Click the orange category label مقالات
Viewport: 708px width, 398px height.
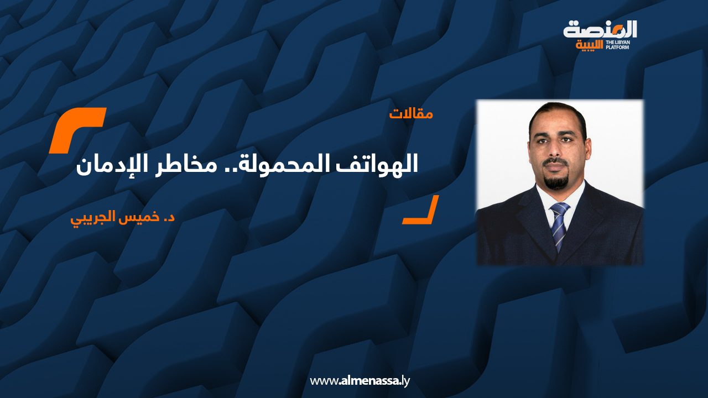point(411,114)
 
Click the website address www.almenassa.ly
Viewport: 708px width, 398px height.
point(360,381)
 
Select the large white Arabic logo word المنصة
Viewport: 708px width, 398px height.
point(600,30)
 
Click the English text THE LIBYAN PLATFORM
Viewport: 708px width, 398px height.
point(618,45)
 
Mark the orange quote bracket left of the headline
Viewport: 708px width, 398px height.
point(77,130)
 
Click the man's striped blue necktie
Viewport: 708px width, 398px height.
point(559,225)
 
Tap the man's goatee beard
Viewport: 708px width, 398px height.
point(556,179)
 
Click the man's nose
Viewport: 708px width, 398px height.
point(555,149)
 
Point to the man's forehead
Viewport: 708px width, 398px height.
point(556,122)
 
